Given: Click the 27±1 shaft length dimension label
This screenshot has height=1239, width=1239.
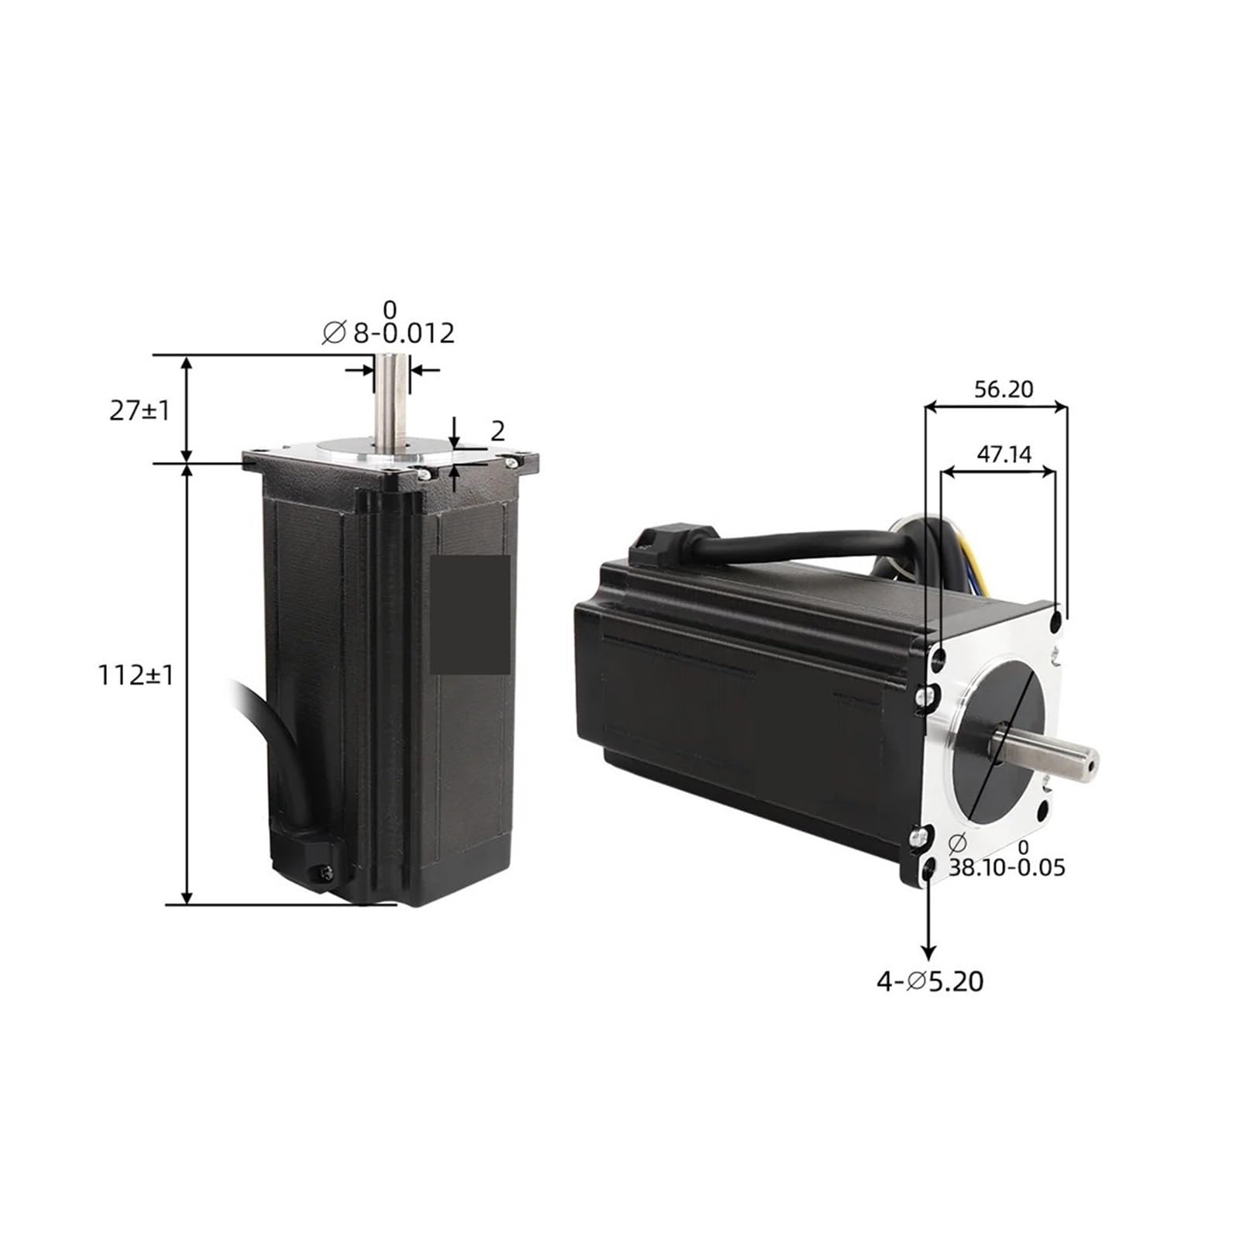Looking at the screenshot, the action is [x=139, y=410].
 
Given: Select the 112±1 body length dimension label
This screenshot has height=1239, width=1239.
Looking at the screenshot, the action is [x=136, y=675].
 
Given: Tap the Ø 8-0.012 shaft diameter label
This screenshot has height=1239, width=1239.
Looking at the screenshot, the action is [x=388, y=333].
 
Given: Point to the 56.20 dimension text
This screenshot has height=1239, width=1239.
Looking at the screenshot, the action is [x=1004, y=389].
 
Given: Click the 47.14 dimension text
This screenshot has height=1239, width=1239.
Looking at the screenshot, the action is [x=1004, y=454].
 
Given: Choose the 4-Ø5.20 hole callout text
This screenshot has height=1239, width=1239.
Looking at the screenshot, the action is [x=930, y=982].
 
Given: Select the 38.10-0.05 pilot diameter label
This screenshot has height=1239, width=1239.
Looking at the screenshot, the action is [x=1007, y=867].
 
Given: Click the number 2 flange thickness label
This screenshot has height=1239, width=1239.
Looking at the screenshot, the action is [x=498, y=431].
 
